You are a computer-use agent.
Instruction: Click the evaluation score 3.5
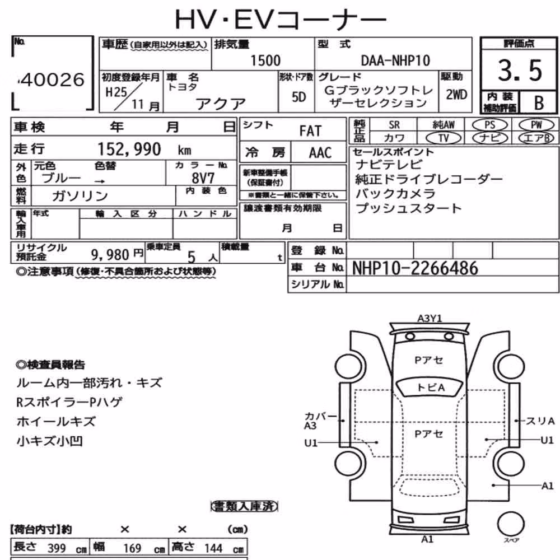pyautogui.click(x=520, y=70)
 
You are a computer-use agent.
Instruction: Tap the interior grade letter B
pyautogui.click(x=539, y=103)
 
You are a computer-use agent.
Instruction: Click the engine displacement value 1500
pyautogui.click(x=265, y=60)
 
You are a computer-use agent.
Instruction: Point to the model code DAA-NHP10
pyautogui.click(x=395, y=60)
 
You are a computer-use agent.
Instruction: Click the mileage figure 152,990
pyautogui.click(x=129, y=149)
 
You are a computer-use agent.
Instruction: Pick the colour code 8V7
pyautogui.click(x=203, y=178)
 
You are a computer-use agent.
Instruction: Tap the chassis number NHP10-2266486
pyautogui.click(x=415, y=268)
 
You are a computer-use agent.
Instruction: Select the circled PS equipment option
pyautogui.click(x=489, y=125)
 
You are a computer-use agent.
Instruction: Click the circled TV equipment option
pyautogui.click(x=444, y=138)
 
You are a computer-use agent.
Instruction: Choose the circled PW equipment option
pyautogui.click(x=536, y=125)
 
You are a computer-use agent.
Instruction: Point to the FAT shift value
pyautogui.click(x=310, y=131)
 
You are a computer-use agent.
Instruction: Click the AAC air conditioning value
pyautogui.click(x=320, y=153)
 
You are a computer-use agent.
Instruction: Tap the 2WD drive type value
pyautogui.click(x=456, y=95)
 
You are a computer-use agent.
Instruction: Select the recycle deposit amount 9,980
pyautogui.click(x=110, y=255)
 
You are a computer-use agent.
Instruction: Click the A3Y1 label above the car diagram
pyautogui.click(x=430, y=318)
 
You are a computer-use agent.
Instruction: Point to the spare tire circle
pyautogui.click(x=511, y=524)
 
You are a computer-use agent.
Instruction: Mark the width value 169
pyautogui.click(x=132, y=548)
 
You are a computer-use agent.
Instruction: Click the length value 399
pyautogui.click(x=57, y=548)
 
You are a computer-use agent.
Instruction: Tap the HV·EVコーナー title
pyautogui.click(x=281, y=20)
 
